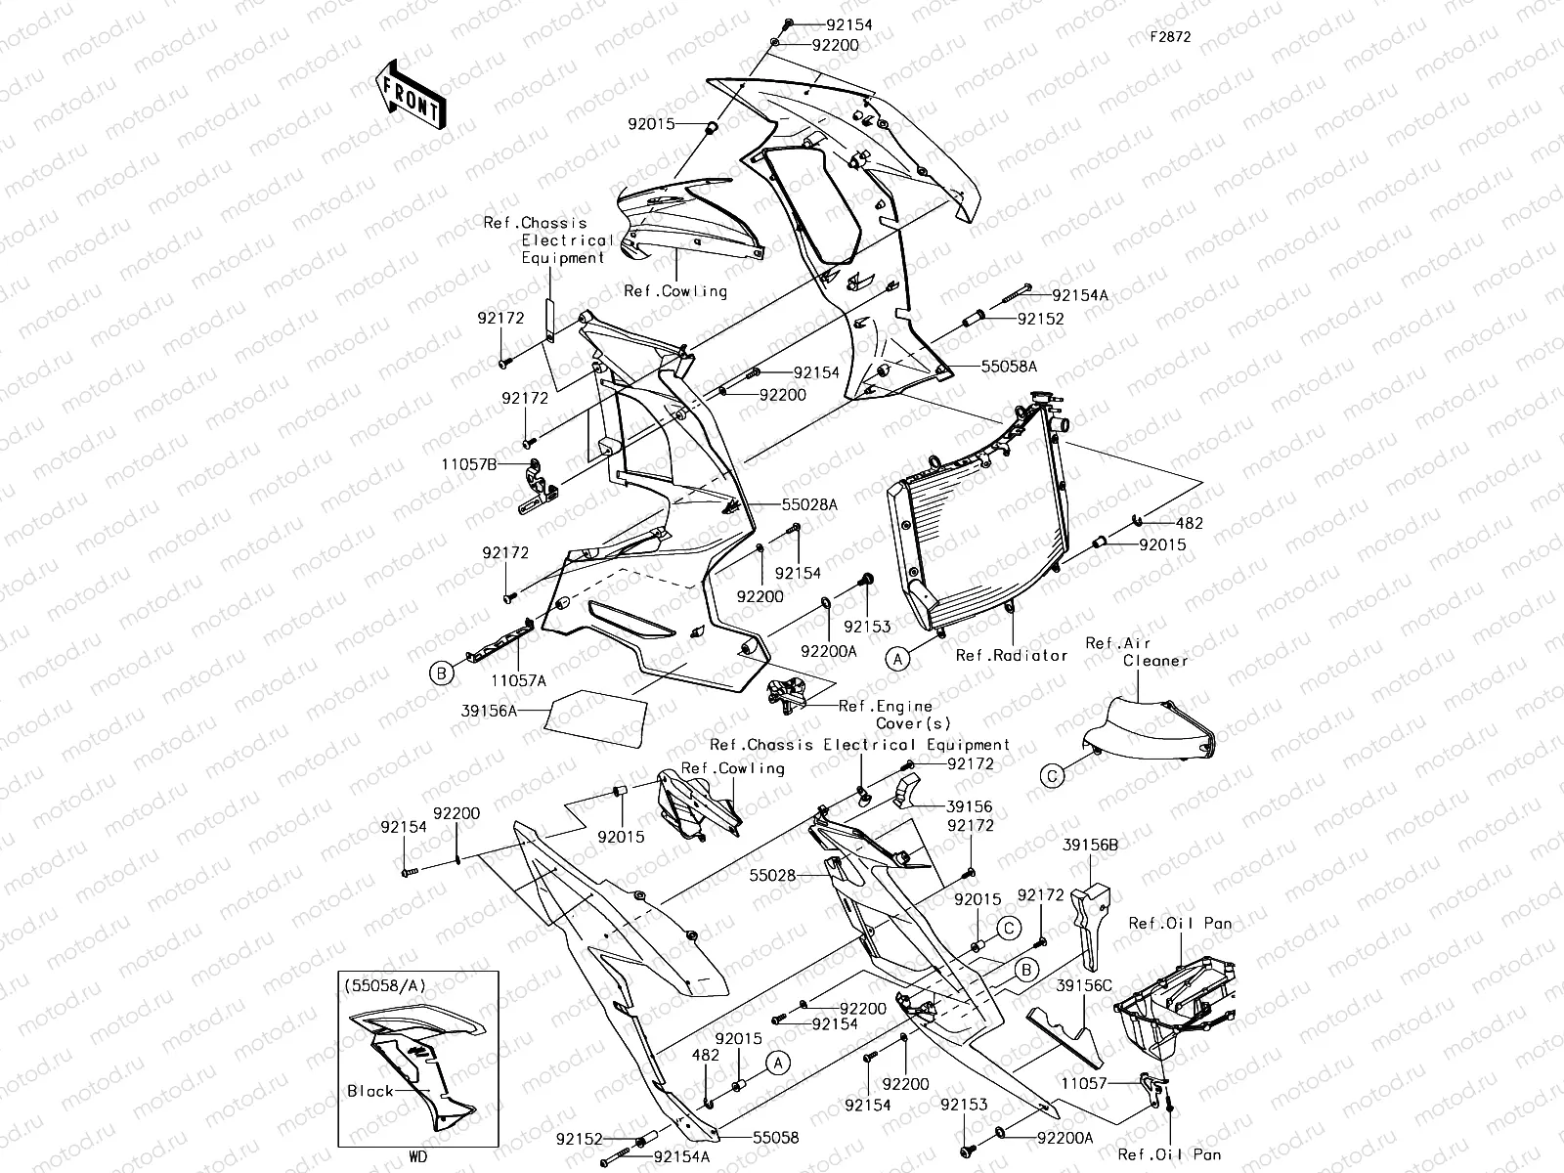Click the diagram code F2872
pyautogui.click(x=1170, y=36)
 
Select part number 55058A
pyautogui.click(x=1009, y=367)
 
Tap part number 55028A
pyautogui.click(x=809, y=505)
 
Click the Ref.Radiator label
pyautogui.click(x=1011, y=656)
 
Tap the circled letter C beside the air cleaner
pyautogui.click(x=1052, y=776)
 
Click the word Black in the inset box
pyautogui.click(x=369, y=1091)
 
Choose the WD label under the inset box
pyautogui.click(x=417, y=1157)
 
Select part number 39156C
pyautogui.click(x=1083, y=986)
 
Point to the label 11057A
pyautogui.click(x=518, y=679)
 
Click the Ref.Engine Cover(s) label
pyautogui.click(x=890, y=715)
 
